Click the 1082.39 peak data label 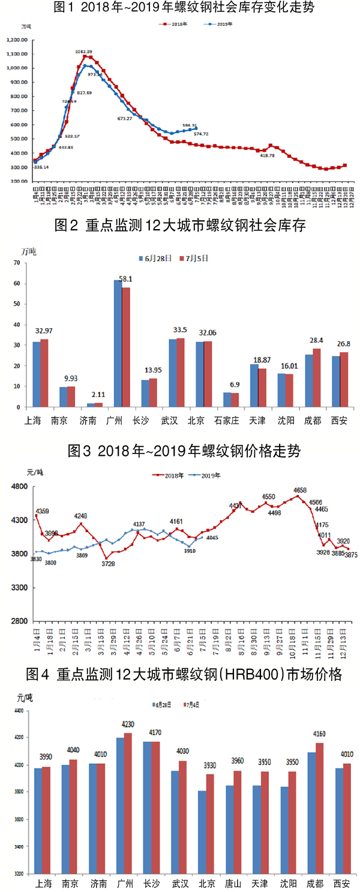pyautogui.click(x=84, y=52)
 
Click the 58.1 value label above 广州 pyautogui.click(x=127, y=280)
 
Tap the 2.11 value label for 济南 pyautogui.click(x=98, y=394)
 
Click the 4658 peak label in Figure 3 pyautogui.click(x=300, y=489)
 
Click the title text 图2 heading pyautogui.click(x=180, y=225)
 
